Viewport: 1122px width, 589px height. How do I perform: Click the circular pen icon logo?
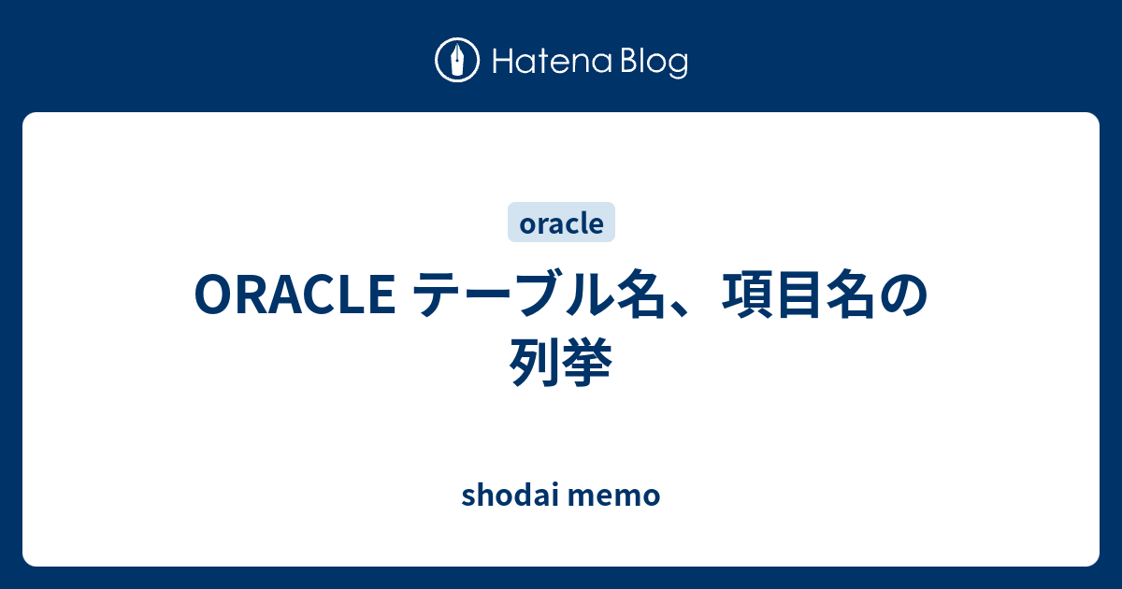pos(457,60)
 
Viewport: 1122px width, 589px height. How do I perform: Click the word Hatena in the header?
pos(553,61)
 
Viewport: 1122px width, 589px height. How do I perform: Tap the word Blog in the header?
pos(654,64)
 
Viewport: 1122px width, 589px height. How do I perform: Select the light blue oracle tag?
pos(561,223)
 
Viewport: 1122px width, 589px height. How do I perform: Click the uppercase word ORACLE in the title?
pos(295,294)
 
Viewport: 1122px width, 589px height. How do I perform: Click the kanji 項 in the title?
pos(745,294)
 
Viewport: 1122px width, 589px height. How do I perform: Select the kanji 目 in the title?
pos(798,294)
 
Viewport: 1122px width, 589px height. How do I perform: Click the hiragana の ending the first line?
pos(902,295)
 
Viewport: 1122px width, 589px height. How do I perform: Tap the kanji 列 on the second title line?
pos(535,362)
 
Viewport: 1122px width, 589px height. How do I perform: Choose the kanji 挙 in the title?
pos(587,362)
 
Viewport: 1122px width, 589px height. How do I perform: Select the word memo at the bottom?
pos(614,496)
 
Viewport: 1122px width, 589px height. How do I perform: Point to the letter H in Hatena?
pos(502,62)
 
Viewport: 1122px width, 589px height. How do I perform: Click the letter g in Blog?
pos(677,67)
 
